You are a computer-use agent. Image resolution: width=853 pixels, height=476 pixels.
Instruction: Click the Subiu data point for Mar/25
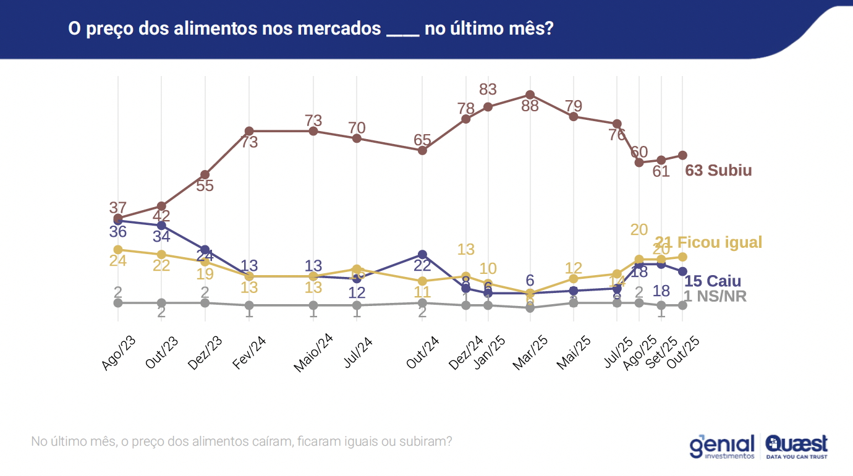pyautogui.click(x=530, y=95)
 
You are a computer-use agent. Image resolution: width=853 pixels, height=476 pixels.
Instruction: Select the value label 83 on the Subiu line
pyautogui.click(x=488, y=90)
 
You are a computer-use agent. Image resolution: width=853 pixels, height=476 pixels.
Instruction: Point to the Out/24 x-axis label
pyautogui.click(x=423, y=354)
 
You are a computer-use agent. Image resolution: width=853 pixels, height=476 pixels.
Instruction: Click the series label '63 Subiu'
pyautogui.click(x=719, y=171)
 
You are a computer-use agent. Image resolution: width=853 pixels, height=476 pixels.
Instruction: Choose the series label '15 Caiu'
pyautogui.click(x=713, y=281)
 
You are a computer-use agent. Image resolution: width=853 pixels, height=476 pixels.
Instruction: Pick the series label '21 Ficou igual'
pyautogui.click(x=709, y=242)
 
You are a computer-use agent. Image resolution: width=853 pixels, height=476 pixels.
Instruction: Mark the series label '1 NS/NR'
pyautogui.click(x=715, y=297)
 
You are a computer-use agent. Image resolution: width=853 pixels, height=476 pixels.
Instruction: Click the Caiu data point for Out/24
pyautogui.click(x=422, y=254)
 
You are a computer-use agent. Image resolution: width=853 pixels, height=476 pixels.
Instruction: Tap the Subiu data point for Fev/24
pyautogui.click(x=249, y=131)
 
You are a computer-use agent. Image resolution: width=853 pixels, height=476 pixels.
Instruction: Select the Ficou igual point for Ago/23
pyautogui.click(x=117, y=249)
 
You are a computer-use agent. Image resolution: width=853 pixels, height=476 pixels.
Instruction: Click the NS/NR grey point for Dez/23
pyautogui.click(x=205, y=302)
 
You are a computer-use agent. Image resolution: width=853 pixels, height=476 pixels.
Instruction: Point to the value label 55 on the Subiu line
pyautogui.click(x=205, y=185)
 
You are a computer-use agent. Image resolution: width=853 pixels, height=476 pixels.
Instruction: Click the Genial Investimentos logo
pyautogui.click(x=723, y=446)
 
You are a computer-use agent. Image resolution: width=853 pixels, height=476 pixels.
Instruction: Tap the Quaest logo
pyautogui.click(x=796, y=446)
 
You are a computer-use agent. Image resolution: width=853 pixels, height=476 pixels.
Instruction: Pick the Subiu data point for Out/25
pyautogui.click(x=682, y=155)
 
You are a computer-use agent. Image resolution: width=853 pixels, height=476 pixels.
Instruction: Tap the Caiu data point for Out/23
pyautogui.click(x=161, y=225)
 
